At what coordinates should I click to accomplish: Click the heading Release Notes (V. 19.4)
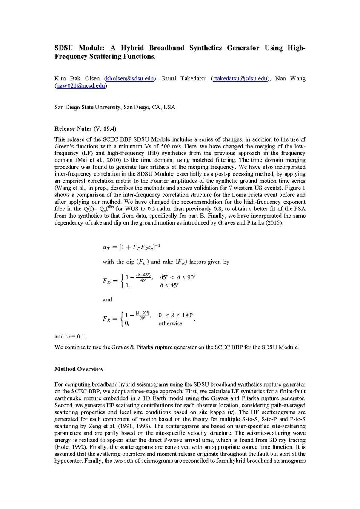85,128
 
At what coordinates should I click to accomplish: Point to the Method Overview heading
79,369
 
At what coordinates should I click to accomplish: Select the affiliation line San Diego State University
115,107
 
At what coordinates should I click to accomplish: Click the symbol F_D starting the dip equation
107,281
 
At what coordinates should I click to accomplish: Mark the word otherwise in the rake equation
170,323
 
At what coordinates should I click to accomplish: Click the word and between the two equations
107,299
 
